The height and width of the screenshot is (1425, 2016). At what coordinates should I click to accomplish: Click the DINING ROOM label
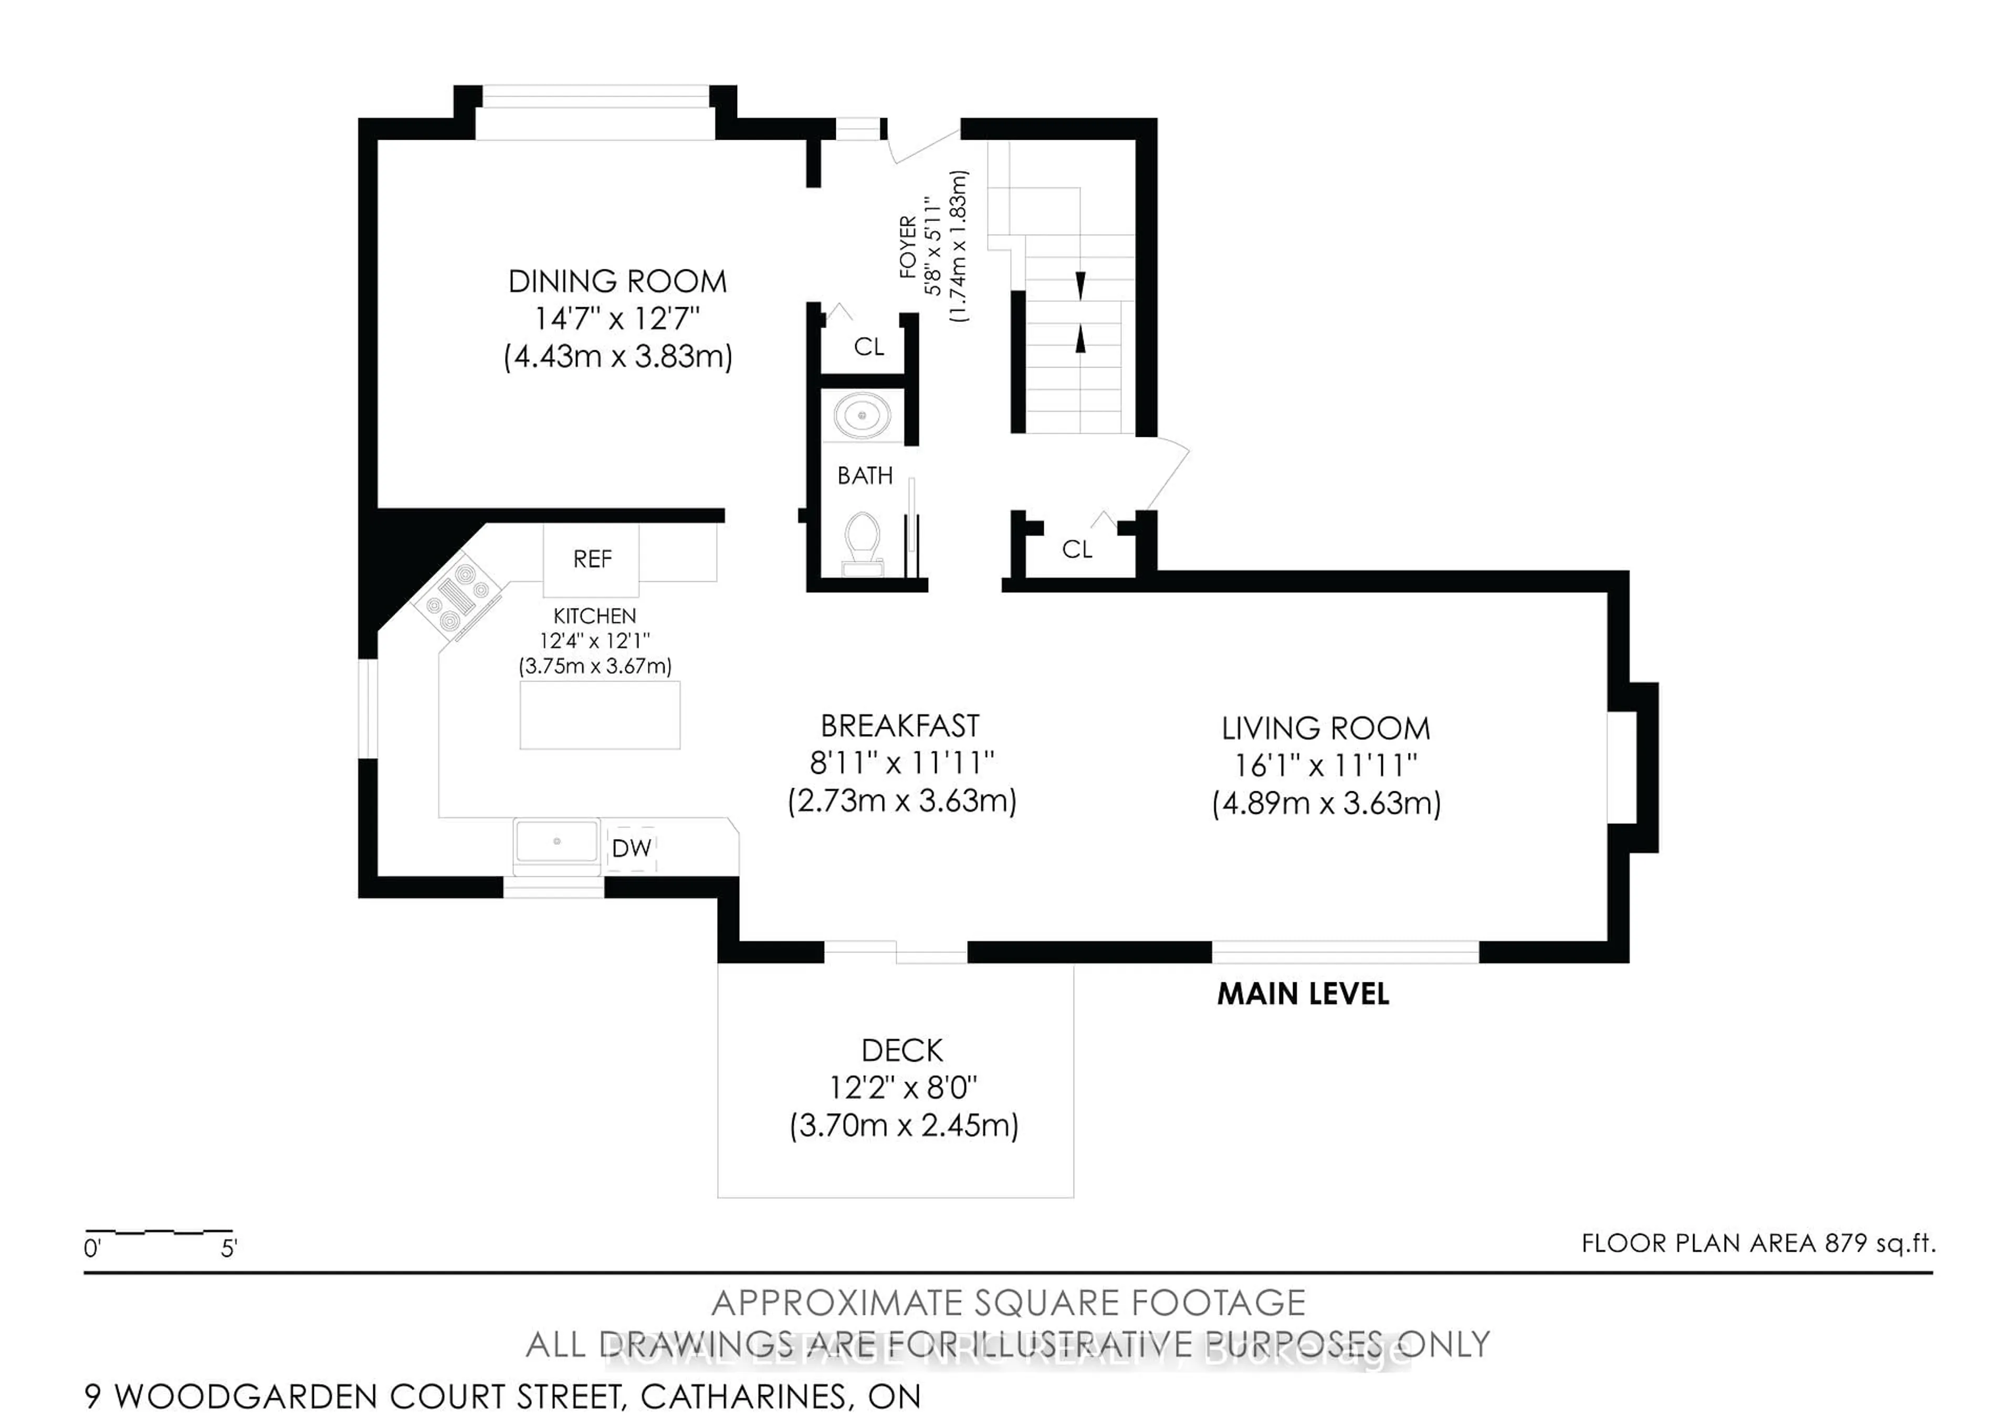click(617, 282)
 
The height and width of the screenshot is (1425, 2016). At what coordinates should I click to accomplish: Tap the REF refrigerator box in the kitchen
click(592, 559)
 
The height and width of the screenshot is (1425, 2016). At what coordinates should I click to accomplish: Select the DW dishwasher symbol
click(632, 848)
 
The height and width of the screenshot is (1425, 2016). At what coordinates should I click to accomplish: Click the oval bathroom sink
click(862, 415)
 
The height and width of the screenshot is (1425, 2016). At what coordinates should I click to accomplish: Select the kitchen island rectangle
click(600, 716)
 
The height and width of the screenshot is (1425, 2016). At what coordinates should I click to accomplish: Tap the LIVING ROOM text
click(1326, 729)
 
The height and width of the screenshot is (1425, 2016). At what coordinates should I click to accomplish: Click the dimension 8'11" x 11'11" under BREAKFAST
click(902, 763)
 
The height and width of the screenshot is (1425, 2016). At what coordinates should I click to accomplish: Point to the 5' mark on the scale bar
click(229, 1248)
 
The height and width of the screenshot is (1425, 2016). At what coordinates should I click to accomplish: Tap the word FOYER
click(908, 248)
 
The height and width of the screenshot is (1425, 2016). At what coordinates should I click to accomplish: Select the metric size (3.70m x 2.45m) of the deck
click(904, 1126)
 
